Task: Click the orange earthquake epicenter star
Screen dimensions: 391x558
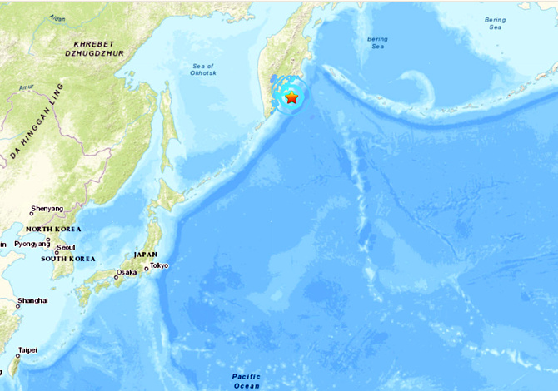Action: click(x=291, y=98)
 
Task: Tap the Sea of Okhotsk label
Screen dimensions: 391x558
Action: click(x=202, y=71)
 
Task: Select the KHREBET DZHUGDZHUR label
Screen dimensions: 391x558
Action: click(x=98, y=48)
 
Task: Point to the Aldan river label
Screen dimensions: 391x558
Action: click(x=57, y=17)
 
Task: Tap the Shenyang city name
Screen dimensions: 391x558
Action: click(x=47, y=208)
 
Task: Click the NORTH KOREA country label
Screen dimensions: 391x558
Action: click(x=53, y=229)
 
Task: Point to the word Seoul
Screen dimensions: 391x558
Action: click(x=66, y=247)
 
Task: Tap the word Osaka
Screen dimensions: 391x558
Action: click(x=127, y=273)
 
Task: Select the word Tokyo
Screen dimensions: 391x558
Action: click(x=158, y=266)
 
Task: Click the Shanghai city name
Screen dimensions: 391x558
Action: click(x=32, y=300)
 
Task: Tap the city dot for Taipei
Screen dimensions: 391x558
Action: click(x=17, y=356)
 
